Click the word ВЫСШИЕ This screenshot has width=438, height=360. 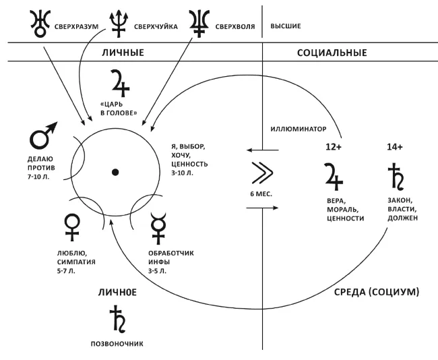285,27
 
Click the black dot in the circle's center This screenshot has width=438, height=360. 115,173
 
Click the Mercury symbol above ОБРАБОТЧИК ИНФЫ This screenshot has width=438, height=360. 160,227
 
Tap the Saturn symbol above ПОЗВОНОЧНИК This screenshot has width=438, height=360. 119,320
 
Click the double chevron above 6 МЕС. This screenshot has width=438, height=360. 260,174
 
